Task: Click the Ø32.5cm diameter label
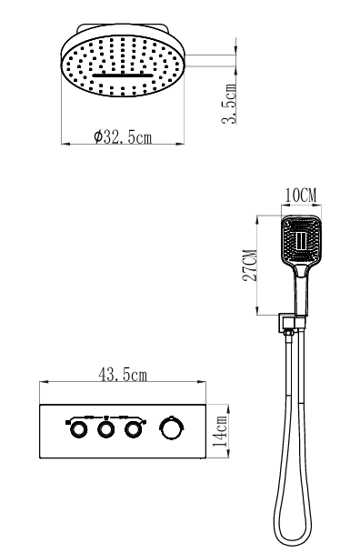(123, 136)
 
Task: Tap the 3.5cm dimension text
(229, 104)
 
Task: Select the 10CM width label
(301, 196)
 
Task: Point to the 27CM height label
(249, 266)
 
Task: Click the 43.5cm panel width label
(123, 375)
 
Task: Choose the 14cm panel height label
(220, 431)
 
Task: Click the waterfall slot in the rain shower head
(123, 75)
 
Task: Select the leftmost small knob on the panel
(78, 429)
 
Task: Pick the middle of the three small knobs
(105, 429)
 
